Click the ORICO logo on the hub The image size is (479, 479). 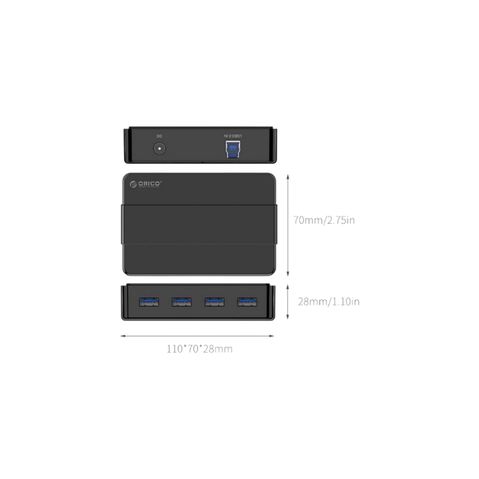[146, 184]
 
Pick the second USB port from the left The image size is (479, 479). [181, 301]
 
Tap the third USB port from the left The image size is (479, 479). [214, 301]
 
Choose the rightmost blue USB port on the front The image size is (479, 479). [247, 301]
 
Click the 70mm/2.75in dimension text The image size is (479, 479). [324, 220]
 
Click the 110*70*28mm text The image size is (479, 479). [199, 349]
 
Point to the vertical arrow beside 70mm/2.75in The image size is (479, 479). [289, 224]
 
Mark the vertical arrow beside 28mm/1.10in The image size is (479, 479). [289, 302]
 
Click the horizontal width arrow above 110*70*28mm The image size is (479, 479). [198, 336]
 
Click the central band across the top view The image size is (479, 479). [199, 224]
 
